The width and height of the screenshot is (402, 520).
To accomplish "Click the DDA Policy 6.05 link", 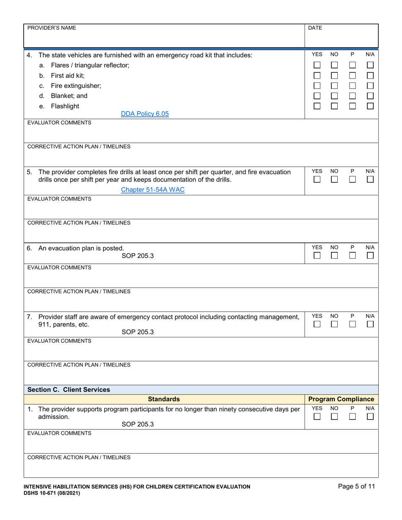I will (145, 113).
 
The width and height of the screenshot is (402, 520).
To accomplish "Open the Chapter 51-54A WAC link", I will (153, 189).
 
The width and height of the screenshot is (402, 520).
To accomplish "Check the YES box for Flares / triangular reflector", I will (317, 66).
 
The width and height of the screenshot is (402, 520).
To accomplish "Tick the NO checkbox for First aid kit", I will (334, 76).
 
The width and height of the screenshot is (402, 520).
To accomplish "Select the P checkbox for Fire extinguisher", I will (352, 86).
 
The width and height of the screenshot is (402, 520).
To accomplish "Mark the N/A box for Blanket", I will (370, 96).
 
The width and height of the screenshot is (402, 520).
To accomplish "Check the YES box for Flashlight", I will (317, 106).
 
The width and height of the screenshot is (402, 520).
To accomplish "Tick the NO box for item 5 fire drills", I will (334, 180).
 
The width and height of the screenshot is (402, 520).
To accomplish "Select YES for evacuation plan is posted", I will (317, 256).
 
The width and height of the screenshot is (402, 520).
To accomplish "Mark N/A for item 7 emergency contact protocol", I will (370, 324).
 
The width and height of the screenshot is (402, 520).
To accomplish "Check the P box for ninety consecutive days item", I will (352, 417).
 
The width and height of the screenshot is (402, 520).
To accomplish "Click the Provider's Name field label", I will (52, 28).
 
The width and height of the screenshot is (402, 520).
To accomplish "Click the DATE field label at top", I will (315, 28).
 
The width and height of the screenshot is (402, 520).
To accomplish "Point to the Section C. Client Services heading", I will (69, 389).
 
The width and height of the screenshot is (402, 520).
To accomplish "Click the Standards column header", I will (164, 399).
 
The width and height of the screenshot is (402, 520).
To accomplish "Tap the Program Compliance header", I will (341, 399).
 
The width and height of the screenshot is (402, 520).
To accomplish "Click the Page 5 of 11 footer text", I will (356, 486).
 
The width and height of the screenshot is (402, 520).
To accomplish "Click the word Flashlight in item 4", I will (65, 106).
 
